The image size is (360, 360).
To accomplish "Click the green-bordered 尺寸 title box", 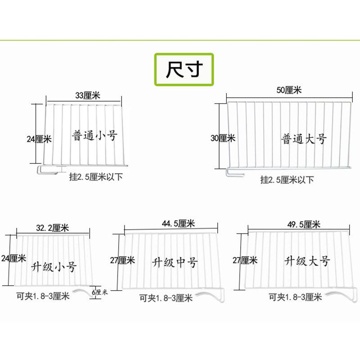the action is pos(184,69).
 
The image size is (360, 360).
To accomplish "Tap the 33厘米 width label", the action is pos(87,95).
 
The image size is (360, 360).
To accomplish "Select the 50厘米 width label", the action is pos(289,90).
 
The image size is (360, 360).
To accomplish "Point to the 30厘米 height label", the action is pos(223,138).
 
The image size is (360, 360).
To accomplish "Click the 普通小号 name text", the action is pos(95,135).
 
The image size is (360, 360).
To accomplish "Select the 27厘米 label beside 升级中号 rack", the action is pos(122,260).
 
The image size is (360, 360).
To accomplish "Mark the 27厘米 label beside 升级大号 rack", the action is pos(245,260).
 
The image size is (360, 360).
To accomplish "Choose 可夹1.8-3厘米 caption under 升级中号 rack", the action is pos(166,297).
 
